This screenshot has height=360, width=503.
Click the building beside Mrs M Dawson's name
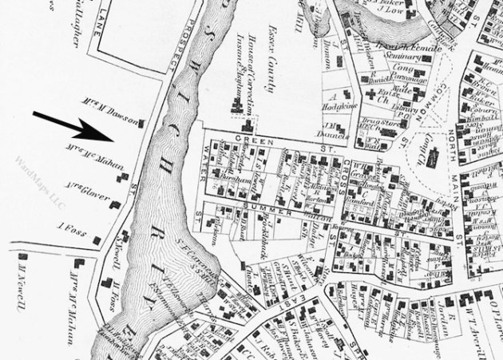pyautogui.click(x=143, y=123)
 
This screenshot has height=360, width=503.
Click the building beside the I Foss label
pyautogui.click(x=97, y=239)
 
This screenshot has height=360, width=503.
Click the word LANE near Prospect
pyautogui.click(x=105, y=17)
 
